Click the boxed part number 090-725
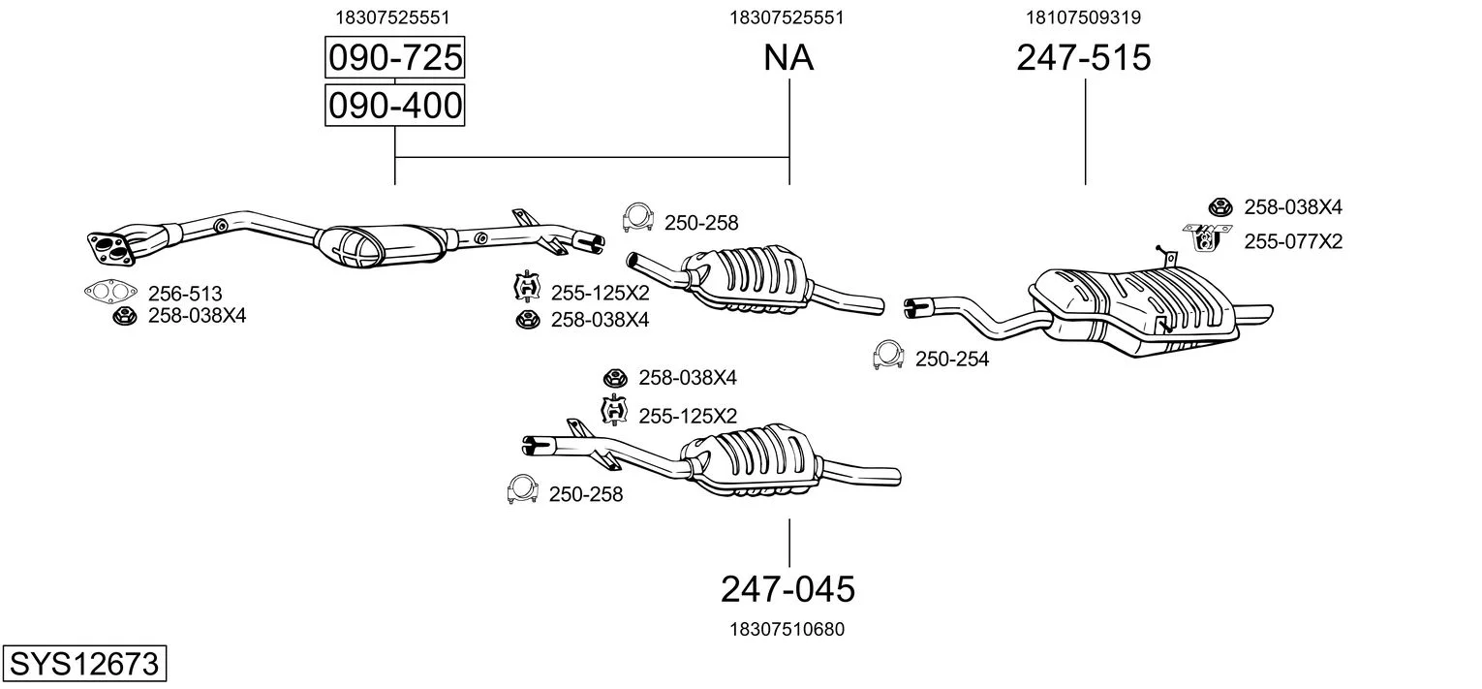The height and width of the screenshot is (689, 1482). pyautogui.click(x=393, y=59)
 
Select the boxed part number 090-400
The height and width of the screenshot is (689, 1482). pyautogui.click(x=393, y=106)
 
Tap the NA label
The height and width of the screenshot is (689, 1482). pyautogui.click(x=788, y=59)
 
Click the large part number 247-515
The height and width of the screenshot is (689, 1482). pyautogui.click(x=1083, y=59)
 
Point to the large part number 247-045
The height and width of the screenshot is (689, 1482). pyautogui.click(x=787, y=588)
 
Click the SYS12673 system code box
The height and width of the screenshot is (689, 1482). pyautogui.click(x=83, y=665)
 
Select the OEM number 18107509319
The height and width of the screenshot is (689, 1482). pyautogui.click(x=1083, y=17)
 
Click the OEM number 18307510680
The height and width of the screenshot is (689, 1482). pyautogui.click(x=787, y=629)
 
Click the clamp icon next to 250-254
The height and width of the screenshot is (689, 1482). pyautogui.click(x=887, y=356)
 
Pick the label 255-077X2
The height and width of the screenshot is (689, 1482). pyautogui.click(x=1293, y=241)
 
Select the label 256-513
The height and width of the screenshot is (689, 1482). pyautogui.click(x=185, y=293)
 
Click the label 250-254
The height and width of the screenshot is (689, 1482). pyautogui.click(x=952, y=360)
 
